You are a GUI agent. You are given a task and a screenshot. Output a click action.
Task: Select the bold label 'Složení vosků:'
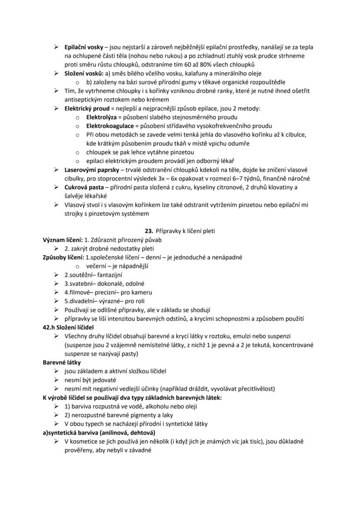pos(83,73)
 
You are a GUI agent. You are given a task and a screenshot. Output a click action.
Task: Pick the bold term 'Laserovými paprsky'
pos(90,170)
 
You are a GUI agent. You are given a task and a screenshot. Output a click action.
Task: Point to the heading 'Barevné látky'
pos(62,363)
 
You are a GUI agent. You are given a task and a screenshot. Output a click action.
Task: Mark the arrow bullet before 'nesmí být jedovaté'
pos(57,380)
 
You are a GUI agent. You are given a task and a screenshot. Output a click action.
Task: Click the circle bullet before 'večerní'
pos(77,266)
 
